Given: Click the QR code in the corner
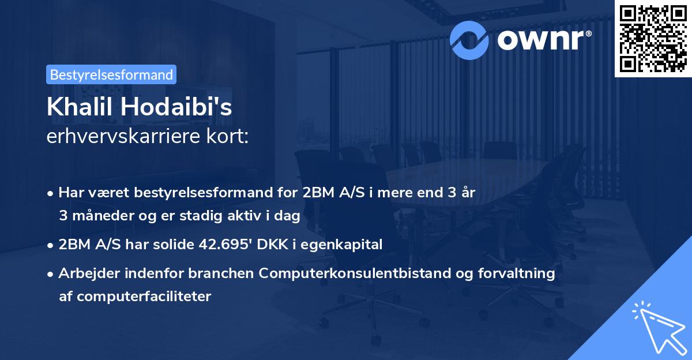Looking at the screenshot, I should (x=653, y=39).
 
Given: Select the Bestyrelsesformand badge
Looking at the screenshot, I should (x=111, y=74).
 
